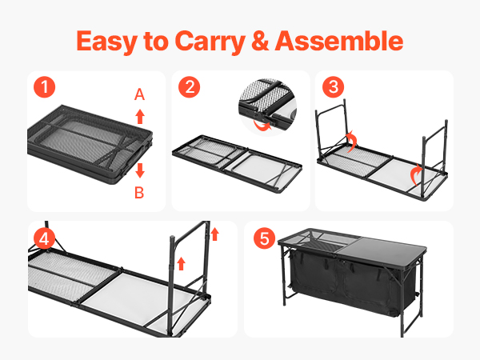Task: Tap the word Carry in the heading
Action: (210, 42)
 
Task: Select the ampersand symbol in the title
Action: (260, 41)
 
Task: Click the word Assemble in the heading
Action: (339, 41)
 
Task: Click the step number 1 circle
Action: (44, 87)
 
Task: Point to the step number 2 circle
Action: (189, 87)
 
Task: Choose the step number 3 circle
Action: (333, 87)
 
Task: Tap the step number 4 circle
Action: (44, 238)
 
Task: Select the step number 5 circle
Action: (265, 238)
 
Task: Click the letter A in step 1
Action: (139, 94)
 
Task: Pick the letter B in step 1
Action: (139, 193)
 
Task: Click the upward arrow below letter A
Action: (140, 116)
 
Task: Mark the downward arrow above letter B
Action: (140, 170)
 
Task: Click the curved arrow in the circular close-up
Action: (262, 126)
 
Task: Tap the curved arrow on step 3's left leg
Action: (354, 142)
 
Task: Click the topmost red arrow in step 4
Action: (215, 234)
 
